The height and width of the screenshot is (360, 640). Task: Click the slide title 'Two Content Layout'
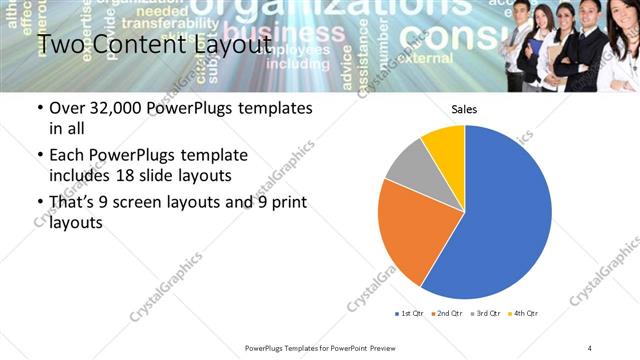point(153,44)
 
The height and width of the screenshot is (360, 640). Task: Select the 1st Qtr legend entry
point(411,314)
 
